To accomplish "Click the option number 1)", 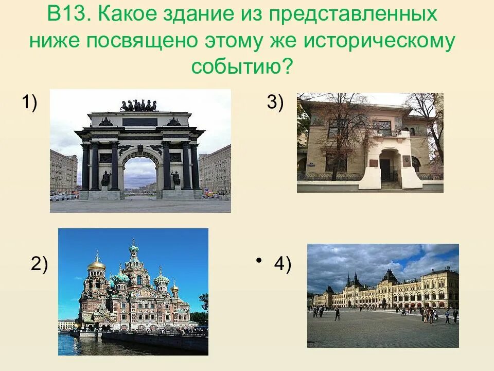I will (x=29, y=103).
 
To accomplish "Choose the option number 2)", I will (x=39, y=264).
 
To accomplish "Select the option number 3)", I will (x=275, y=103).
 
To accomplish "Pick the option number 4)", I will (x=283, y=264).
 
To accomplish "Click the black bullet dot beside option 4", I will (x=259, y=259).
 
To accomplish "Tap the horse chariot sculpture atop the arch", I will (x=139, y=106).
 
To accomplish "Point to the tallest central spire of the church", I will (x=134, y=252).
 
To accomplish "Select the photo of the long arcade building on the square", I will (x=383, y=295).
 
